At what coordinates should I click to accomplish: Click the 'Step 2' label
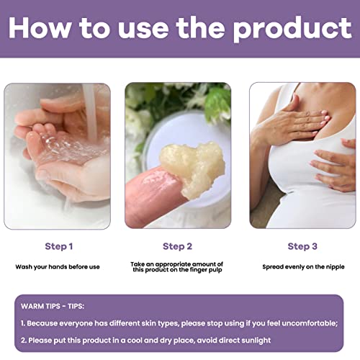[x=178, y=246]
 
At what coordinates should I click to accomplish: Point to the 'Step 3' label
[x=302, y=246]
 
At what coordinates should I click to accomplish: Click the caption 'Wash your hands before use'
[x=58, y=266]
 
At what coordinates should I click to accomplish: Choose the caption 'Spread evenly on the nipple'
[x=302, y=266]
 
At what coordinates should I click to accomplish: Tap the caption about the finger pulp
[x=178, y=267]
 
